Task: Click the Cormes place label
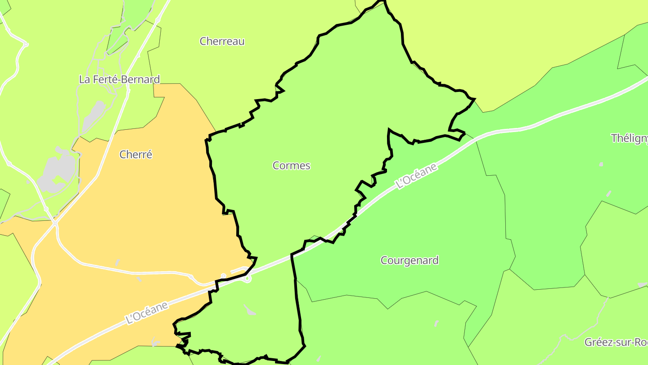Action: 292,165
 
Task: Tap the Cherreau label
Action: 222,41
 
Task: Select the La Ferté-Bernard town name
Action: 119,79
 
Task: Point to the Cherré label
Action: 136,155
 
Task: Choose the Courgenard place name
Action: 409,260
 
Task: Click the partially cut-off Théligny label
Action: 629,138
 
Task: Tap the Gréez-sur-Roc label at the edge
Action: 616,342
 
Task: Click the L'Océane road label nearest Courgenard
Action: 416,176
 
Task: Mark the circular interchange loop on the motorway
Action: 247,278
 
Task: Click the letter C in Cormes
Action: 276,165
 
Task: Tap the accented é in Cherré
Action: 149,155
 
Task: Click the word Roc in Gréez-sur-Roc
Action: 641,342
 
